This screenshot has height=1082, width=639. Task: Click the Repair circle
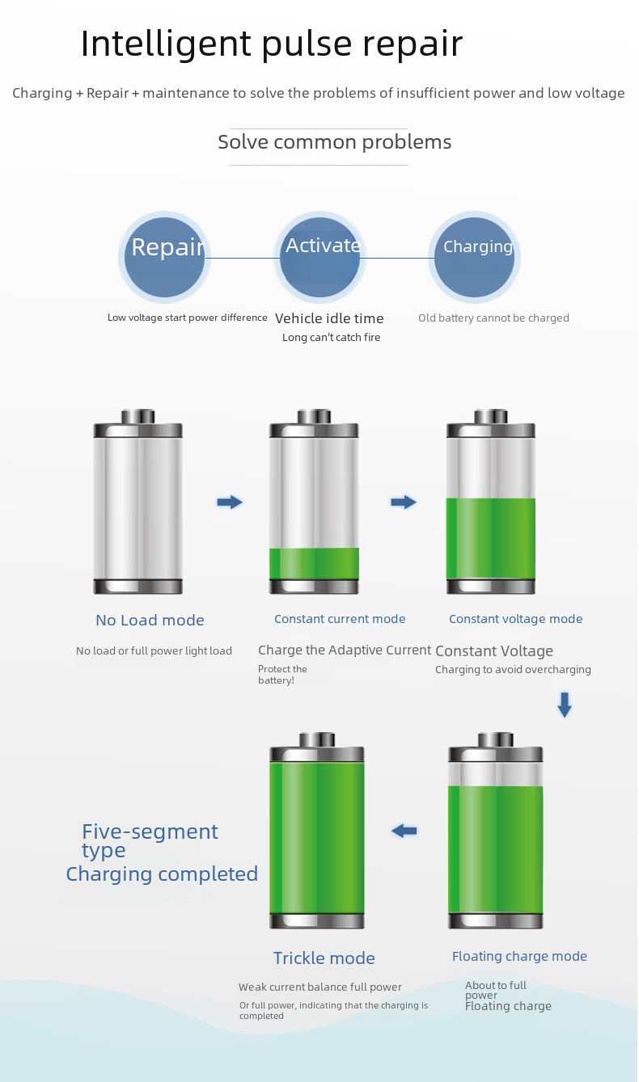point(164,256)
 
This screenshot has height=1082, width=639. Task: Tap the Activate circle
point(319,256)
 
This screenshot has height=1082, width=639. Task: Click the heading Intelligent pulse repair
point(271,44)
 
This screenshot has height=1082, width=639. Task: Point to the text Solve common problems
point(334,142)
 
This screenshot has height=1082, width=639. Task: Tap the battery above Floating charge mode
point(495,832)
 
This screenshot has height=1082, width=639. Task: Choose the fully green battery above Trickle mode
point(316,832)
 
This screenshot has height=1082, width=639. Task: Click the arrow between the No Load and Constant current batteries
point(230,503)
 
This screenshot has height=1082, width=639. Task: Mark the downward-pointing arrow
point(565,705)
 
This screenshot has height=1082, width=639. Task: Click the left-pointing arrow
point(404,831)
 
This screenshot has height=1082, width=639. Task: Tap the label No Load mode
point(150,621)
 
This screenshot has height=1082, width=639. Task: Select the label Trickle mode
point(324,958)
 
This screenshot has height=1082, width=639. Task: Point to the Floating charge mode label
point(519,957)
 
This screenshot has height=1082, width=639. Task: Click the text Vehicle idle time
point(329,318)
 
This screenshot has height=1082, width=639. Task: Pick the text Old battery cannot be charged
point(493,318)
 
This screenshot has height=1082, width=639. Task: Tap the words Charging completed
point(162,874)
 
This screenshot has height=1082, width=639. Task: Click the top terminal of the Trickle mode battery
point(316,739)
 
